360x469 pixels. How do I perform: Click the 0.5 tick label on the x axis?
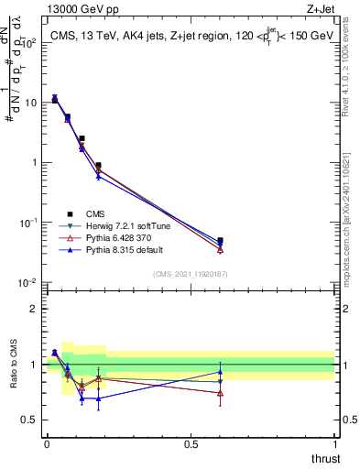click(191, 444)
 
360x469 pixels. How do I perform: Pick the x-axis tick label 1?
click(335, 444)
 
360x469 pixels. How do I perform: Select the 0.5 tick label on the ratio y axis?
click(29, 420)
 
